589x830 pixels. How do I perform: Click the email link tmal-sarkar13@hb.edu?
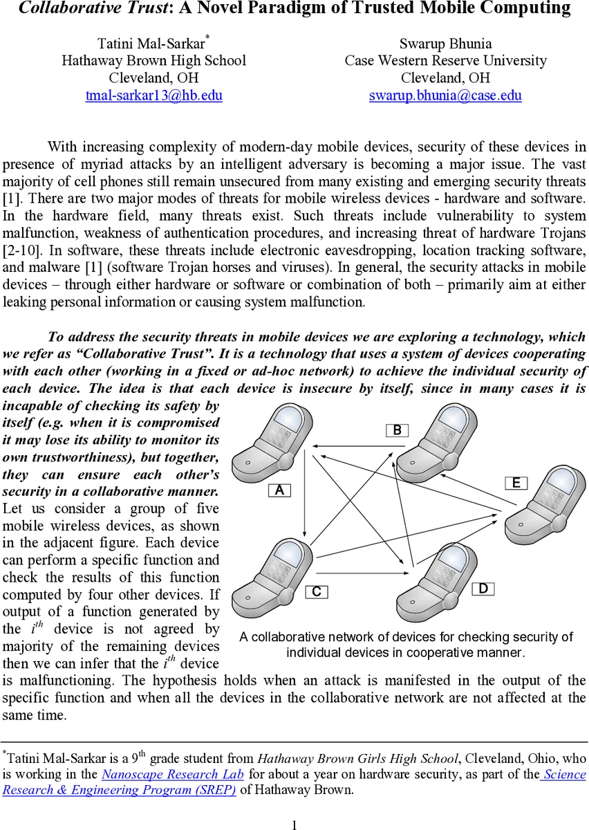(x=153, y=95)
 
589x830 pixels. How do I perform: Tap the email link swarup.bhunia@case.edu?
(x=445, y=95)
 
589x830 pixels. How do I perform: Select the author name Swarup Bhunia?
(x=445, y=43)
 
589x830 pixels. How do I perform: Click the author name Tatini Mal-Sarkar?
(x=151, y=43)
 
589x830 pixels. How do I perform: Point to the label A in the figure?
(x=279, y=490)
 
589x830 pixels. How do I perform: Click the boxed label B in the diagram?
(x=397, y=430)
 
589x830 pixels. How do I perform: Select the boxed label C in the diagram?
(x=316, y=591)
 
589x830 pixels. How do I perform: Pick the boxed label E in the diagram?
(x=516, y=483)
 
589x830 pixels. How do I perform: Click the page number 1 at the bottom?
(x=294, y=823)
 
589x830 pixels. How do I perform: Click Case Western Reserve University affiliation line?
(x=445, y=60)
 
